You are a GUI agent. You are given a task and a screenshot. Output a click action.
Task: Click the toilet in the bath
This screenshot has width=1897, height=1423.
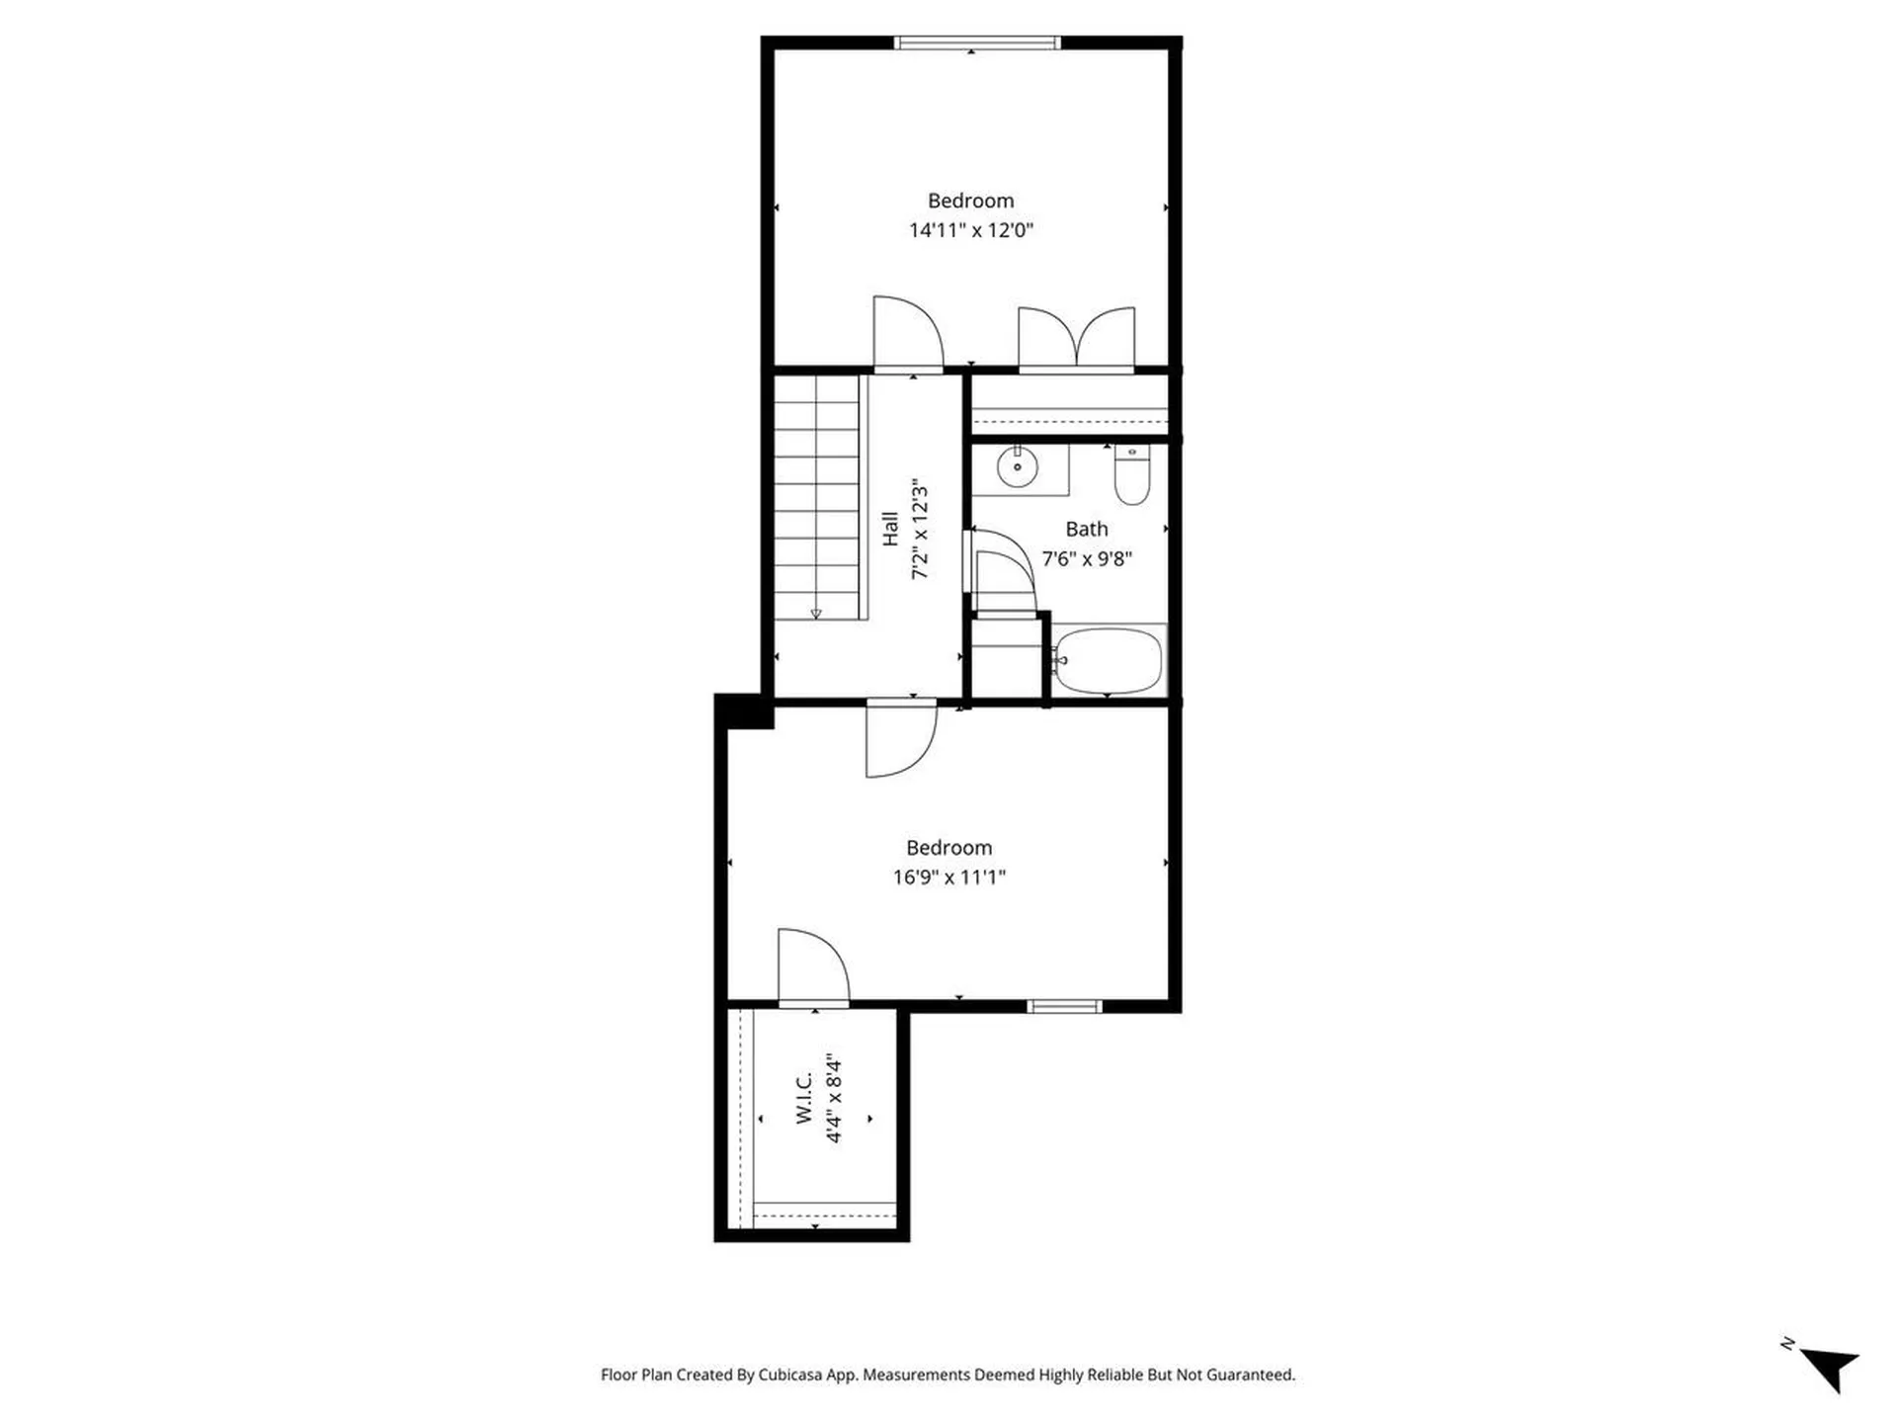pyautogui.click(x=1131, y=476)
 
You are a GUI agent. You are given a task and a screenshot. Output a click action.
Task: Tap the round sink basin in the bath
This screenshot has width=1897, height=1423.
pyautogui.click(x=1017, y=466)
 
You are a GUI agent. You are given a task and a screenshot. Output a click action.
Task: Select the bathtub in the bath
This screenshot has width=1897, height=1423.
pyautogui.click(x=1108, y=660)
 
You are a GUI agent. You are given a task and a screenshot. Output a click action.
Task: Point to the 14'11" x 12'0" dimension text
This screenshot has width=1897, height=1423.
pyautogui.click(x=970, y=230)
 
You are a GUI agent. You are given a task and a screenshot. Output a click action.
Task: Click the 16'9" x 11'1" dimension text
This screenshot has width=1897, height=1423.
pyautogui.click(x=948, y=878)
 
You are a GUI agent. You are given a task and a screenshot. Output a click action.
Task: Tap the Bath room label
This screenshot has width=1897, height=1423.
pyautogui.click(x=1086, y=530)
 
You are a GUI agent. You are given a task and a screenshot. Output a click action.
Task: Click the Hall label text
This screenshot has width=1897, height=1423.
pyautogui.click(x=890, y=529)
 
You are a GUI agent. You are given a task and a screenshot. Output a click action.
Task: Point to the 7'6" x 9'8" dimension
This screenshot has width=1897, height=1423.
pyautogui.click(x=1086, y=559)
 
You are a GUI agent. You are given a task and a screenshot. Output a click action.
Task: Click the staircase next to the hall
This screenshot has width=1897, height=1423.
pyautogui.click(x=815, y=499)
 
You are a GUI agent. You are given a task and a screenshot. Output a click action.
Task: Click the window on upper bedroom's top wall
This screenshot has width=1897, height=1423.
pyautogui.click(x=976, y=43)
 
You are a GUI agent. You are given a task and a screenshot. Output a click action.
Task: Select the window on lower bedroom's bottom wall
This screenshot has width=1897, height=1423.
pyautogui.click(x=1064, y=1007)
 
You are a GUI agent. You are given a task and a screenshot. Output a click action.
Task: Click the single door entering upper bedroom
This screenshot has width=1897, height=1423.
pyautogui.click(x=907, y=334)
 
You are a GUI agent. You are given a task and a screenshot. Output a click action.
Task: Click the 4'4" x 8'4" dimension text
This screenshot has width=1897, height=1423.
pyautogui.click(x=834, y=1099)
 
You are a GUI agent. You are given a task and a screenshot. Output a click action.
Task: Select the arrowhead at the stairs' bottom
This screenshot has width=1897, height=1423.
pyautogui.click(x=816, y=614)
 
